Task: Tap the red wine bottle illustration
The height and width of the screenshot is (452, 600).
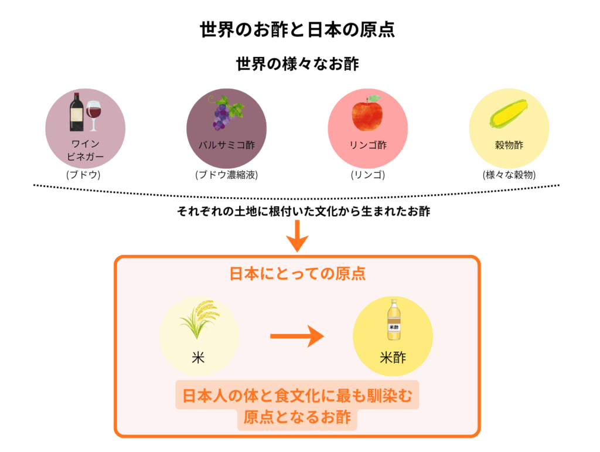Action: coord(76,112)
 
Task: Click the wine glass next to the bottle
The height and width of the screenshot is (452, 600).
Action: coord(94,114)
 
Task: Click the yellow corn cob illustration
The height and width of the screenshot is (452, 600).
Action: coord(509,114)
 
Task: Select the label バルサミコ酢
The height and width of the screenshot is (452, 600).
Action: coord(226,145)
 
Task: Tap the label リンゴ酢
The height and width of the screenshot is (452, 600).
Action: coord(367,145)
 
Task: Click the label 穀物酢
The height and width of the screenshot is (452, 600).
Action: coord(509,145)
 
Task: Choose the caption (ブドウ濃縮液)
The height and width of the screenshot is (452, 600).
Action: coord(226,175)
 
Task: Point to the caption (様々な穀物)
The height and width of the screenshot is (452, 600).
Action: coord(509,175)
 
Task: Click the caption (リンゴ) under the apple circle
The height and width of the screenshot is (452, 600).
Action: coord(367,175)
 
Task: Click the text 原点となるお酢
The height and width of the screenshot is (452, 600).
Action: coord(297,418)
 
